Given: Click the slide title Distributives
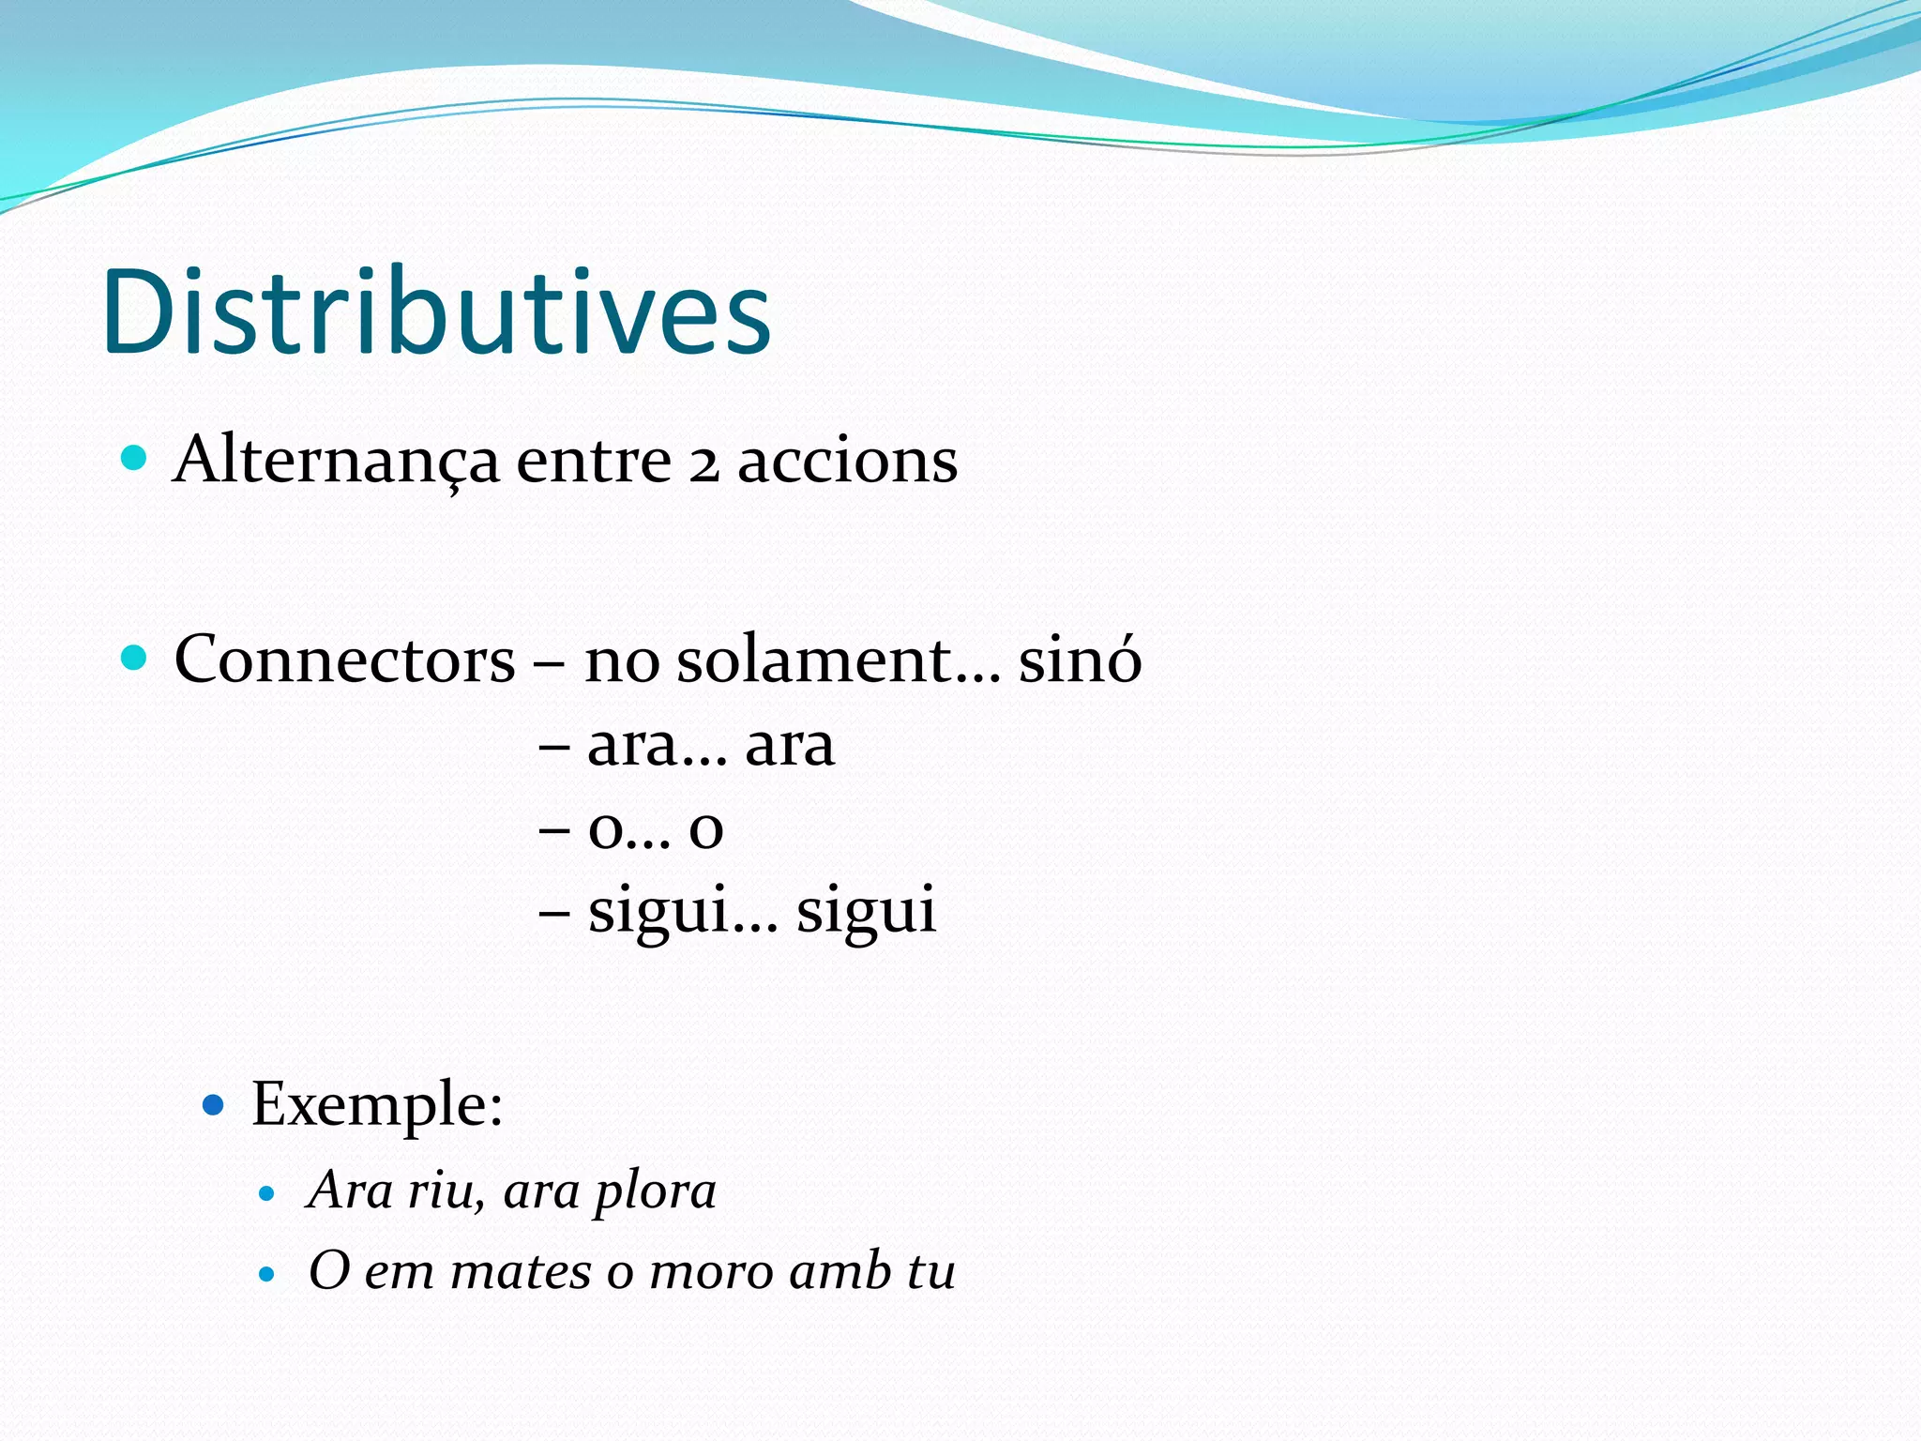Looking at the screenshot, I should tap(436, 311).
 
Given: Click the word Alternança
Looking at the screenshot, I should tap(336, 461).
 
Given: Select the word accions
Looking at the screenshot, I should tap(847, 461).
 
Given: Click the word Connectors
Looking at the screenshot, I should tap(344, 659).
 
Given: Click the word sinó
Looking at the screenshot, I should tap(1080, 659).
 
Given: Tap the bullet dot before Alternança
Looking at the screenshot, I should tap(135, 458).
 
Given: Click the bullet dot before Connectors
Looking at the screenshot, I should tap(135, 657).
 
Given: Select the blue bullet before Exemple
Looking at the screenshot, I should tap(214, 1105).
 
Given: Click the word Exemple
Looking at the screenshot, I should tap(376, 1104).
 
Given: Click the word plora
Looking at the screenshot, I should tap(656, 1192).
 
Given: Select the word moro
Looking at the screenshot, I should tap(710, 1272).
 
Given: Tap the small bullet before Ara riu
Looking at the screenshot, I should tap(267, 1194).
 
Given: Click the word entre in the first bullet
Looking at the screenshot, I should tap(593, 461).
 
